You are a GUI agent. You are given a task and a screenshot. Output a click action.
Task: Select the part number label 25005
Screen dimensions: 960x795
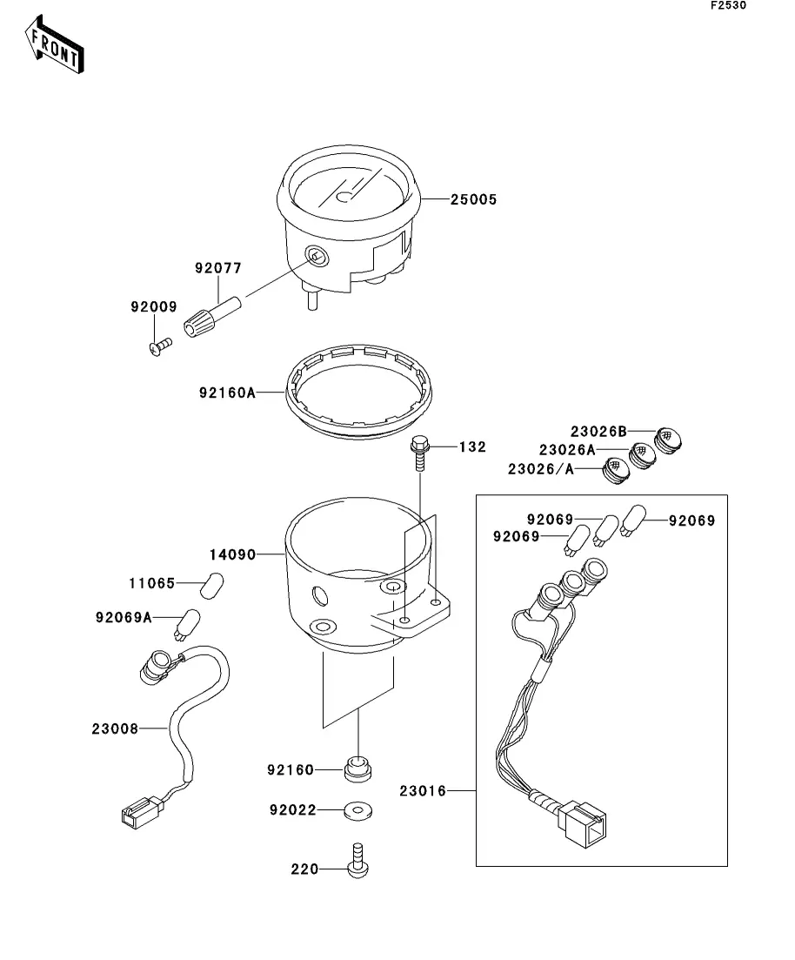[x=473, y=200]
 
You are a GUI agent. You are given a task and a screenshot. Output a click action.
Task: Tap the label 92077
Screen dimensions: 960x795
[x=218, y=269]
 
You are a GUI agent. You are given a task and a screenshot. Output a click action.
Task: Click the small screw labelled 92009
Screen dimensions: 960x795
[x=159, y=346]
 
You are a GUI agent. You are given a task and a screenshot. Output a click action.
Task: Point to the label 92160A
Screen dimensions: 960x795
[x=226, y=393]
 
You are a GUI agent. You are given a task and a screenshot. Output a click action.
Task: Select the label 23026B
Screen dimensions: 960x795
[x=598, y=431]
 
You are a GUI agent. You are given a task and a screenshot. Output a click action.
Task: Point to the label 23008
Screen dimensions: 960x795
[x=115, y=728]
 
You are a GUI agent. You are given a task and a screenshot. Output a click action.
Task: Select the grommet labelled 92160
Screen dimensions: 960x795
[x=356, y=769]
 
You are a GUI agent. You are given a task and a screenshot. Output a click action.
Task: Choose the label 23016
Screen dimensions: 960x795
[x=423, y=791]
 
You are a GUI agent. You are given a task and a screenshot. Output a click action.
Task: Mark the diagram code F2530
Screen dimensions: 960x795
[x=727, y=6]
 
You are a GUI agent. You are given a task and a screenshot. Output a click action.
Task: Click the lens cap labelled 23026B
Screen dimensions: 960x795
[x=669, y=440]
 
